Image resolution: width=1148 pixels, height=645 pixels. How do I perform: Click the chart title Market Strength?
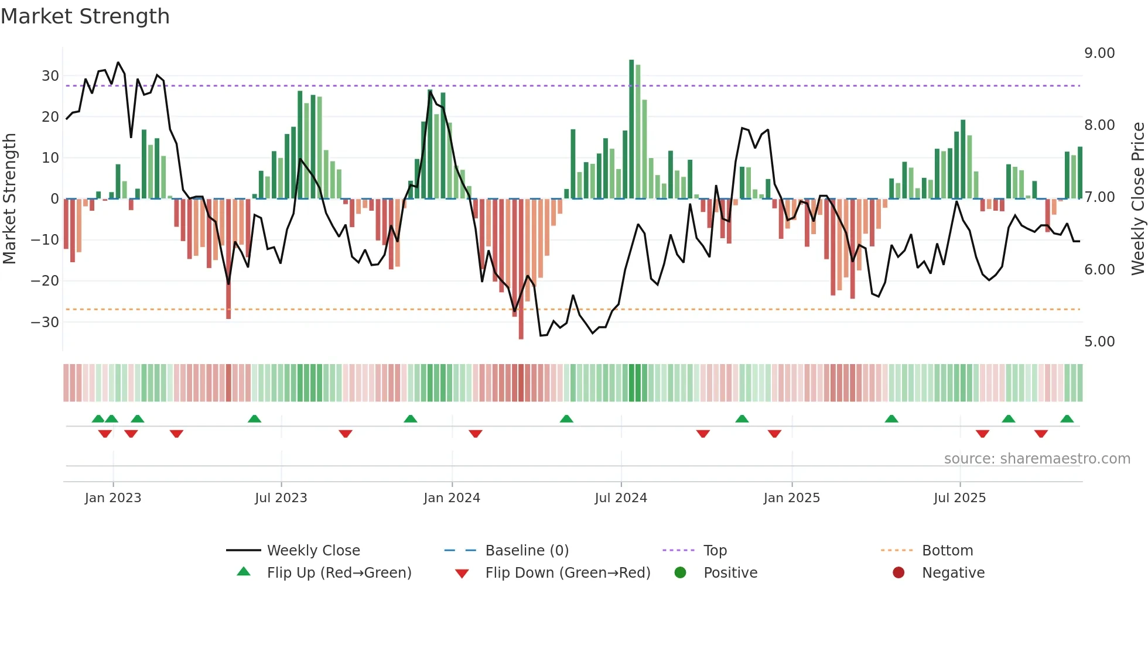[85, 16]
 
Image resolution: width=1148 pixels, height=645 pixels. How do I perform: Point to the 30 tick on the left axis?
[50, 76]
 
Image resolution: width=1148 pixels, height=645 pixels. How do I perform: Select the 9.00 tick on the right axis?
[1099, 53]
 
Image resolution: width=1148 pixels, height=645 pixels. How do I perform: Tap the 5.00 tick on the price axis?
[1099, 342]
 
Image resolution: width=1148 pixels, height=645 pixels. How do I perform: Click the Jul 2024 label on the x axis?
[621, 498]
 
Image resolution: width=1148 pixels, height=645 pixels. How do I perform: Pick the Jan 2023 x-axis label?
[113, 498]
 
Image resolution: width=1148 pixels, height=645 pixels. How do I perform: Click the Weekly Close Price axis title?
[1137, 198]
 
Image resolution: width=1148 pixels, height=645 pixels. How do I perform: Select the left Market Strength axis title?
[10, 198]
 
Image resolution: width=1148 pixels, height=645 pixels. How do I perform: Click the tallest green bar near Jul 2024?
[631, 129]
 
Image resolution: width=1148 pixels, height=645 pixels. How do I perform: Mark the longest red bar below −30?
[521, 269]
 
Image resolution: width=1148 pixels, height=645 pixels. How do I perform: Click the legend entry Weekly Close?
[313, 551]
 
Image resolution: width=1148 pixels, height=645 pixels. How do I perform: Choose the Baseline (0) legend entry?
[527, 551]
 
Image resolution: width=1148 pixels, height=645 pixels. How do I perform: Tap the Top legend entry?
[715, 551]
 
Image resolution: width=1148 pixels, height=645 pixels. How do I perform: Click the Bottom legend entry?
[947, 551]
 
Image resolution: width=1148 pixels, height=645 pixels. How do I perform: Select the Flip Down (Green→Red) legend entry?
[567, 573]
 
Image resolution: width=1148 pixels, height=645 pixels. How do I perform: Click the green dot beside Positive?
[680, 573]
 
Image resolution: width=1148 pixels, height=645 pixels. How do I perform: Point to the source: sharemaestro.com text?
[1037, 459]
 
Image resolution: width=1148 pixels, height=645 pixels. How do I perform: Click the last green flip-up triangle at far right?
[1067, 419]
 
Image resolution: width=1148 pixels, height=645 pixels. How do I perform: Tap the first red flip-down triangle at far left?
[105, 434]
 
